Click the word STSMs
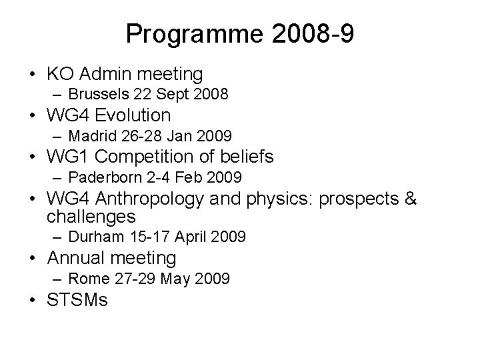coord(77,300)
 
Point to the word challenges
coord(91,216)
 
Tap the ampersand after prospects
coord(409,199)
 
